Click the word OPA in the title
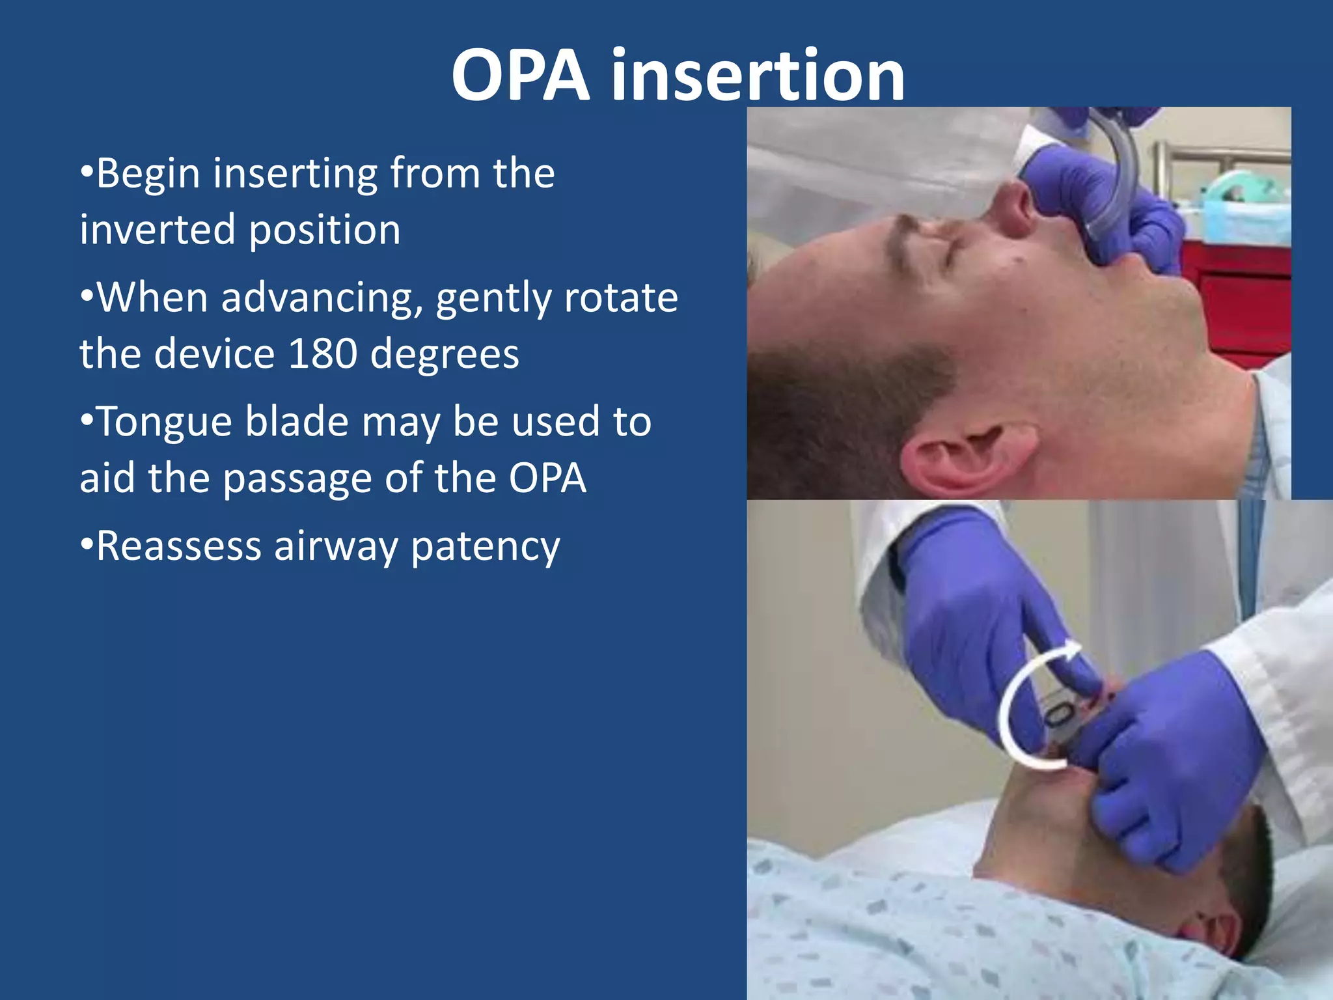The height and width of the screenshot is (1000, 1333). (x=521, y=77)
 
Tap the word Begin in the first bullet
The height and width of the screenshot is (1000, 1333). (x=148, y=174)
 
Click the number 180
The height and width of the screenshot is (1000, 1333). (x=323, y=354)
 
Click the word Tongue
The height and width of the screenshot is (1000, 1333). (x=164, y=423)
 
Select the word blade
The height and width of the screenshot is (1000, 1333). (x=297, y=422)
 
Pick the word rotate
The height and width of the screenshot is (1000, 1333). (x=621, y=298)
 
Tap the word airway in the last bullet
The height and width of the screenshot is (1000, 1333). (x=335, y=547)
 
